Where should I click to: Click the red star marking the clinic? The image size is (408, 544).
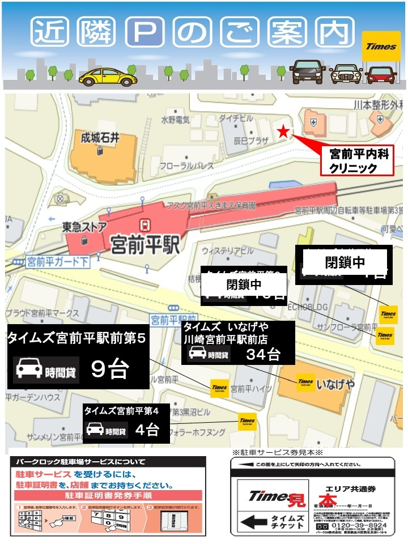coord(283,132)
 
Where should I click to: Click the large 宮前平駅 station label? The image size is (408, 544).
coord(145,245)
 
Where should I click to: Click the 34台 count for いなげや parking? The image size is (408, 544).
coord(263,355)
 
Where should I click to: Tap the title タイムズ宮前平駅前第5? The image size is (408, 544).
coord(77,339)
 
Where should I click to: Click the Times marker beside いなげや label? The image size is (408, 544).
coord(305,383)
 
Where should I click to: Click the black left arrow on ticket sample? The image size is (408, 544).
coord(252,521)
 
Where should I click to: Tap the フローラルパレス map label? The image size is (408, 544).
coord(186,166)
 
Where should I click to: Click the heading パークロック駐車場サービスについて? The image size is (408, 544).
coord(80,462)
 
